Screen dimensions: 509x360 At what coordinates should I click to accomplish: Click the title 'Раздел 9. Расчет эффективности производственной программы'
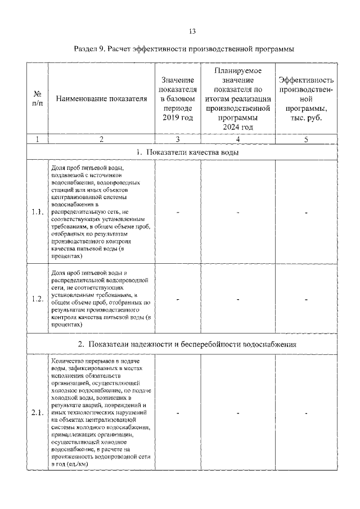click(184, 49)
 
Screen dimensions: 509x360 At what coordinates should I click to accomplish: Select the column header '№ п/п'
click(37, 99)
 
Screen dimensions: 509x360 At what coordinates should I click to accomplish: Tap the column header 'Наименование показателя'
click(101, 100)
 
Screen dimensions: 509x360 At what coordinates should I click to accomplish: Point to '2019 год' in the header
click(178, 118)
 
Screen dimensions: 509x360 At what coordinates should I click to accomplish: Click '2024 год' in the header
click(238, 127)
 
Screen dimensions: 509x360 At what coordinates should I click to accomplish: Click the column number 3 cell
click(178, 140)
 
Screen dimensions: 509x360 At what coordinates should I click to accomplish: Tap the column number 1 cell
click(37, 140)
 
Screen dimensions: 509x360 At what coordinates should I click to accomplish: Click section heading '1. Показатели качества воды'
click(186, 152)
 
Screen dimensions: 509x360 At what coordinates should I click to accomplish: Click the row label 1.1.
click(37, 213)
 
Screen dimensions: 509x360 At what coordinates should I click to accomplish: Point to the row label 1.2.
click(37, 299)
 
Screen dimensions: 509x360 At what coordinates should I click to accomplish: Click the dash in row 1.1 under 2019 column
click(178, 213)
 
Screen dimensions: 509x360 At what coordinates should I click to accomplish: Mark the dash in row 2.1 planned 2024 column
click(238, 413)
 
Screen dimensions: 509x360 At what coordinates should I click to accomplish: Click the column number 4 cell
click(238, 140)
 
